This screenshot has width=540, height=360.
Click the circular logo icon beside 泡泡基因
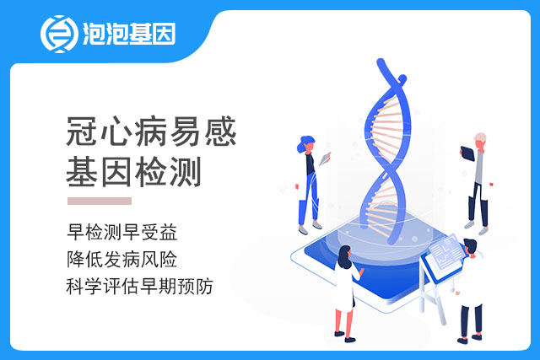59,34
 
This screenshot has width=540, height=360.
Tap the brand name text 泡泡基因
129,34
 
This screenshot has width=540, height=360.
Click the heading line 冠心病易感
151,132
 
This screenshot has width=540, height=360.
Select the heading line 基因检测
133,171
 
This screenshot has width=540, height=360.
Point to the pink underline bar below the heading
100,201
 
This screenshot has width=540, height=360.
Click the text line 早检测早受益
121,233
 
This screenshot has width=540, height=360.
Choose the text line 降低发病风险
121,259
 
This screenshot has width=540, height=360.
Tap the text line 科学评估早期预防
140,286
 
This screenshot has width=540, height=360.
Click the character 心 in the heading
116,132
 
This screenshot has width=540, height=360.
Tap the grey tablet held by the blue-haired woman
325,159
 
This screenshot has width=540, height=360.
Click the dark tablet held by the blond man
467,153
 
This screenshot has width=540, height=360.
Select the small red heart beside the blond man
491,184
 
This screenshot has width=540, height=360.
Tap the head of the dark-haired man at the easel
471,247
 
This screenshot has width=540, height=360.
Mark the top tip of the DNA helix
381,62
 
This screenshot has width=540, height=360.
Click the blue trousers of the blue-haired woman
310,199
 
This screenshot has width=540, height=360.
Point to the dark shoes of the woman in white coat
345,336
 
